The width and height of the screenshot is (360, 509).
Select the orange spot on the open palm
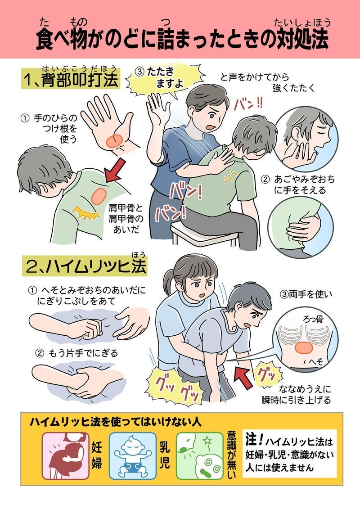(114, 141)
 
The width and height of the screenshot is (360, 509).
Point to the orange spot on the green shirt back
(99, 196)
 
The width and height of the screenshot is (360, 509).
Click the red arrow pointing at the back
(115, 170)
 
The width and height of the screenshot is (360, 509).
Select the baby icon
(132, 456)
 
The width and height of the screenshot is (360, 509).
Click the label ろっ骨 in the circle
(313, 320)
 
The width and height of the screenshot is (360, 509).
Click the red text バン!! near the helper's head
(248, 103)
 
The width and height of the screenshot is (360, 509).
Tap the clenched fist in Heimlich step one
(91, 329)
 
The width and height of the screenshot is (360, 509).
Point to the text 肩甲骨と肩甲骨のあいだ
(126, 218)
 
